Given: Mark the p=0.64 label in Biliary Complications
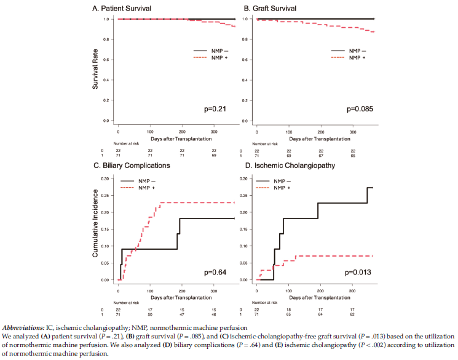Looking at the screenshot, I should [x=217, y=271].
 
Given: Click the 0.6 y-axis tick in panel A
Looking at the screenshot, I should [x=106, y=60].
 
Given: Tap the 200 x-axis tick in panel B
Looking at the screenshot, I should [x=320, y=132].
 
